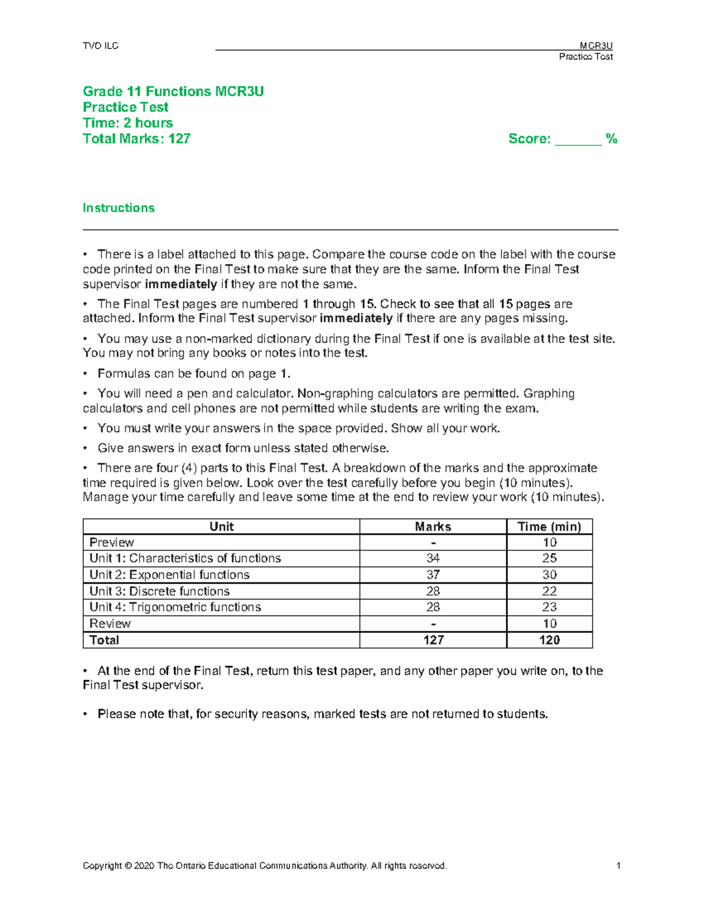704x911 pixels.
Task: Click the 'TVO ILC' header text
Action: tap(100, 46)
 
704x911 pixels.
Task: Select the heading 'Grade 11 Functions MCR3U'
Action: tap(173, 92)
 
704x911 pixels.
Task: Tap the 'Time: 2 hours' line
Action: tap(128, 123)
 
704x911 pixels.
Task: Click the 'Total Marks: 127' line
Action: tap(136, 139)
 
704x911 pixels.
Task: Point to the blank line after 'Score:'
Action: tap(578, 141)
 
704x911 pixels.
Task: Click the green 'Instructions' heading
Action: tap(119, 208)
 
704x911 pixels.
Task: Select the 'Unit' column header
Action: tap(221, 527)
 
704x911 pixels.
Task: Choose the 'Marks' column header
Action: tap(433, 527)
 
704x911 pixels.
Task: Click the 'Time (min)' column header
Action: tap(549, 527)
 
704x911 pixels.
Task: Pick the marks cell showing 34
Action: tap(433, 558)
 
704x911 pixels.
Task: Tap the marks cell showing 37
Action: tap(433, 575)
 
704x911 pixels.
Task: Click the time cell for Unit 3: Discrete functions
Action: tap(549, 591)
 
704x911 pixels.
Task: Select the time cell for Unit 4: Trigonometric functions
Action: tap(549, 607)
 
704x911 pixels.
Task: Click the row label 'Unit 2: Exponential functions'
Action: tap(169, 575)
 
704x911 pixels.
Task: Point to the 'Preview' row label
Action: tap(111, 543)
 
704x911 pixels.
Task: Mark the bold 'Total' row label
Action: tap(104, 640)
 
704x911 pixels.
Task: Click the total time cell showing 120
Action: tap(549, 640)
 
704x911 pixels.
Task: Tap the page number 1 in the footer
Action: tap(618, 866)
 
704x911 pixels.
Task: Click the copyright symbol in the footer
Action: tap(128, 866)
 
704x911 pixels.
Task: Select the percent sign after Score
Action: tap(611, 139)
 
